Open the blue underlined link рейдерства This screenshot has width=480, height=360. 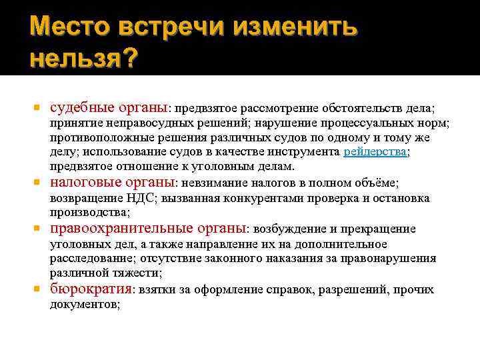click(x=375, y=152)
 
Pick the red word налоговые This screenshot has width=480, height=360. click(x=85, y=182)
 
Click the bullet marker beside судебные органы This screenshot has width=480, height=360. click(x=37, y=107)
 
